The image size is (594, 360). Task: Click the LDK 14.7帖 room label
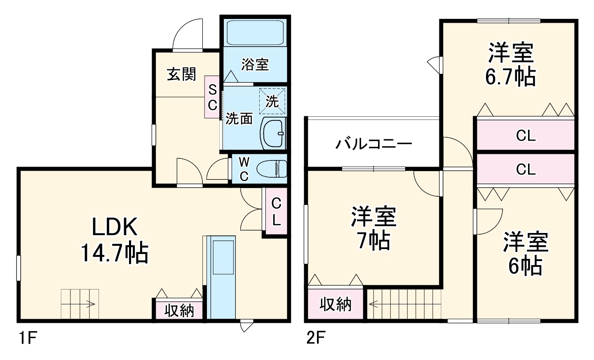114,240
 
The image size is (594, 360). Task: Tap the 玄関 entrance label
181,74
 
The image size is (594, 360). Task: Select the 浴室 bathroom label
255,64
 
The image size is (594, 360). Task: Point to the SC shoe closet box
212,97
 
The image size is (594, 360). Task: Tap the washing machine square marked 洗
272,101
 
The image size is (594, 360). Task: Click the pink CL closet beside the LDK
276,212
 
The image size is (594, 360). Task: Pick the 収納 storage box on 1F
179,310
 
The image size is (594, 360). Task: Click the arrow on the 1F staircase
90,305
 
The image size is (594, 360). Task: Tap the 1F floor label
28,339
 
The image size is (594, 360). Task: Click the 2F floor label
316,339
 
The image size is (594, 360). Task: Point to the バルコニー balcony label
373,144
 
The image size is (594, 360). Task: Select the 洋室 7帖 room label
373,228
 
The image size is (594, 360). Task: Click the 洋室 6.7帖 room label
510,64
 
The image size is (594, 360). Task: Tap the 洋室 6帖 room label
525,253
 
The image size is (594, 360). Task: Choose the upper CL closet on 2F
526,135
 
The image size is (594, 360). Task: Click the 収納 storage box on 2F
336,304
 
